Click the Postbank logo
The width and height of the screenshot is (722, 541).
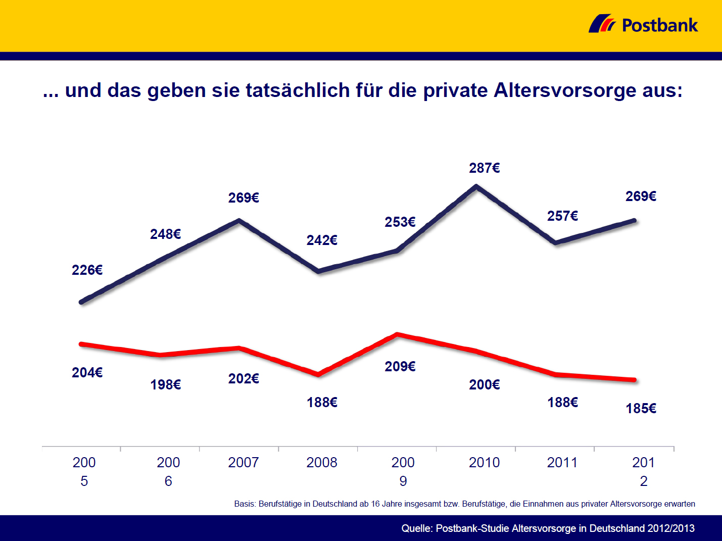point(643,24)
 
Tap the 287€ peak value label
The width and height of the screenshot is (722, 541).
point(484,168)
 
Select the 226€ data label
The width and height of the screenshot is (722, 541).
point(87,270)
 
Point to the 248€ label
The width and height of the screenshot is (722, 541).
point(165,234)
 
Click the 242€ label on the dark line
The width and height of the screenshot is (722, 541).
point(322,240)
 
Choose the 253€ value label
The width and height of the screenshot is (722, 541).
point(400,222)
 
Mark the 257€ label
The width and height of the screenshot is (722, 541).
point(562,216)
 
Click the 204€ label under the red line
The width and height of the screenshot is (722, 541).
point(87,373)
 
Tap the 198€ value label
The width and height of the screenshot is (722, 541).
point(165,385)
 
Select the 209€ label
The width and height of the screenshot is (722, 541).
point(400,367)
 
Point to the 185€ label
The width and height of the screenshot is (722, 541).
point(641,409)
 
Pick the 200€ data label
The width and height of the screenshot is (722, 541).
point(484,385)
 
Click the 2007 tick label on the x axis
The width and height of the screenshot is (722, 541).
point(243,463)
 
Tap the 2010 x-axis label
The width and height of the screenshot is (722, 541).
point(484,463)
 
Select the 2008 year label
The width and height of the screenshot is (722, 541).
point(322,463)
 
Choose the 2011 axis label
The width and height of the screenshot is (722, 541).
point(562,463)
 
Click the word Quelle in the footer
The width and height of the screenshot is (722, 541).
point(416,528)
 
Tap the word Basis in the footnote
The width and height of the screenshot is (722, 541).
point(245,504)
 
